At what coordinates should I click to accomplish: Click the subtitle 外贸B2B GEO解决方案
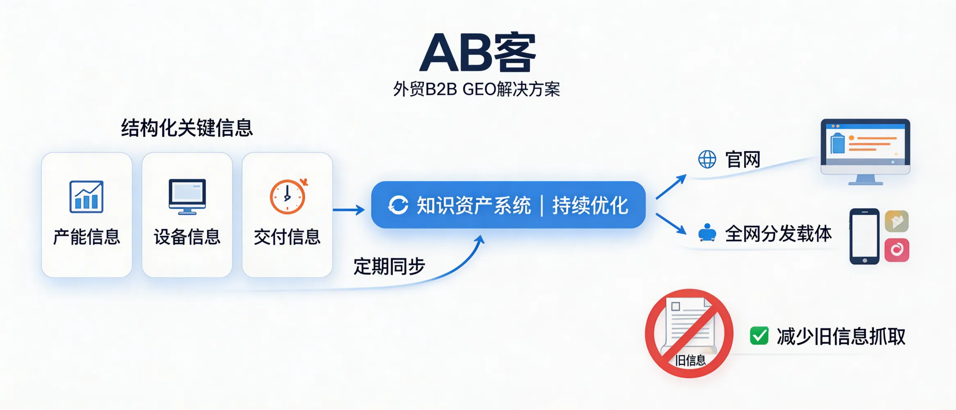point(477,89)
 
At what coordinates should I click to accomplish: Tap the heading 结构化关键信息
point(187,128)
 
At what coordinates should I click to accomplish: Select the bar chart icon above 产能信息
point(86,197)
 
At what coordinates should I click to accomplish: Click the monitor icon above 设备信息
point(187,196)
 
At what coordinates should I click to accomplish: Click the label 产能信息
point(86,237)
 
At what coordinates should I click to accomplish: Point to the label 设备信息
point(187,237)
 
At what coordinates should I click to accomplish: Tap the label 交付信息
point(287,237)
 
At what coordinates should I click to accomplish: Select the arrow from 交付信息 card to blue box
point(348,210)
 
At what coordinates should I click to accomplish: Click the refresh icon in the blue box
point(398,205)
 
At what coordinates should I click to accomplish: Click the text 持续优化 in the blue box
point(590,205)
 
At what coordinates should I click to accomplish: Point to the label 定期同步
point(389,266)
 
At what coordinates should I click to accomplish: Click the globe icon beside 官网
point(707,159)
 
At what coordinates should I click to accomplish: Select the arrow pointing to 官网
point(671,187)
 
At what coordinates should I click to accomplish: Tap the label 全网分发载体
point(778,234)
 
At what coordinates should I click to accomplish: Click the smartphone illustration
point(864,236)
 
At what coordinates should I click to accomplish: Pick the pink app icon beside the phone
point(897,250)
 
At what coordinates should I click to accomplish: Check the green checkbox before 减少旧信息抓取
point(759,336)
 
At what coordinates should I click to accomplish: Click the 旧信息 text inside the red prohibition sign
point(690,360)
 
